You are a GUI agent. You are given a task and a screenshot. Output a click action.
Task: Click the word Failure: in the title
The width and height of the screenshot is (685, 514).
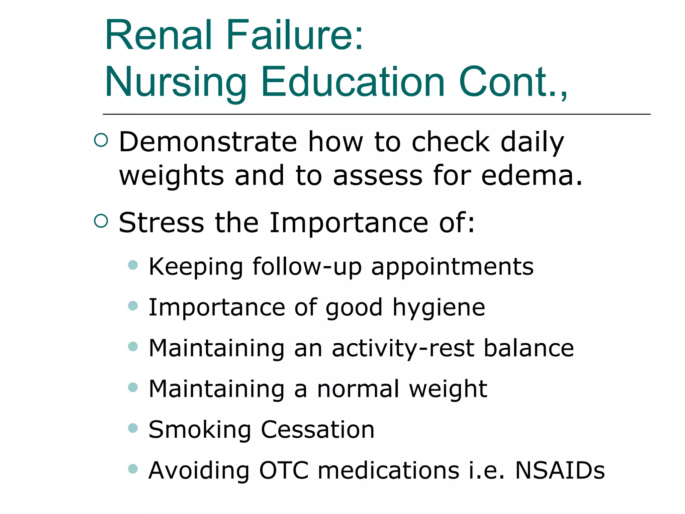coord(295,35)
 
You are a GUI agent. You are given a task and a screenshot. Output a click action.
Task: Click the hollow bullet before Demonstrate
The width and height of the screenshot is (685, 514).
coord(101,140)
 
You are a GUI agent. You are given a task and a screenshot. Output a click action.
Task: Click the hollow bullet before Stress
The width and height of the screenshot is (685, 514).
coord(101,221)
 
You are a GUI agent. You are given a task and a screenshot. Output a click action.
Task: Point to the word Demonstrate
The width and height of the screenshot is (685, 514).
coord(208,142)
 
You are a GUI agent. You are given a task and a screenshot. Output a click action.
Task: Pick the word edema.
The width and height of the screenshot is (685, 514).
coord(532,175)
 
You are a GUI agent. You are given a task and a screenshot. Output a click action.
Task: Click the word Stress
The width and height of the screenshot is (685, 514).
coord(161,223)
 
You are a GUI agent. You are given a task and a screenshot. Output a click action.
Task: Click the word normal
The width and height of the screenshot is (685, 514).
coord(358,389)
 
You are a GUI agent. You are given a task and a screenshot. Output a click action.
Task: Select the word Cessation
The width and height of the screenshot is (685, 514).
coord(317,430)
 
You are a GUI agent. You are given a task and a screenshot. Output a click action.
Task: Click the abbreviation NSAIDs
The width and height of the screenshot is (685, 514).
coord(560,470)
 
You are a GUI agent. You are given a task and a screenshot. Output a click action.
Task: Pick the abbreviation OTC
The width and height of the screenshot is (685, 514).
coord(284,470)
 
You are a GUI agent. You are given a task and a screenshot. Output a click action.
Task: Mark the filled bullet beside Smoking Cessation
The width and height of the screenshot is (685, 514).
coord(133,428)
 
